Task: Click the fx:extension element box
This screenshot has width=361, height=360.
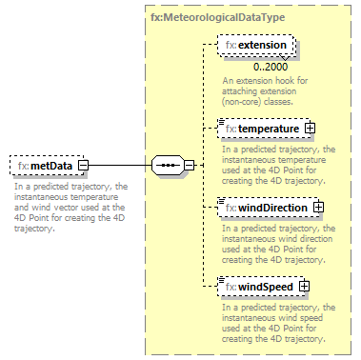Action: (x=256, y=45)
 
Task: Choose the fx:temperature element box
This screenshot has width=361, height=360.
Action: (x=261, y=126)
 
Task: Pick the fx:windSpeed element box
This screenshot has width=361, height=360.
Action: (x=260, y=285)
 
